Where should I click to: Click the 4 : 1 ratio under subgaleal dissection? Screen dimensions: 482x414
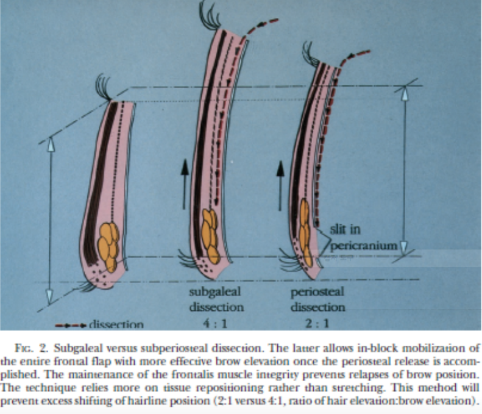[215, 323]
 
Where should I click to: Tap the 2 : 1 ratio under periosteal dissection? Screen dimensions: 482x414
[317, 323]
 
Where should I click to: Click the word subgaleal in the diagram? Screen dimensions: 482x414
[215, 292]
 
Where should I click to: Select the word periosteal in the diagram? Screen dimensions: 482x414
[317, 292]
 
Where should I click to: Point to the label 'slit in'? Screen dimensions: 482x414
[345, 229]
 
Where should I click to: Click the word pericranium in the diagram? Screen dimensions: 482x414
[364, 246]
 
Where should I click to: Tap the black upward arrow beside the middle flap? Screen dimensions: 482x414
[185, 185]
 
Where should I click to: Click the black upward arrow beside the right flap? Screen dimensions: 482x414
[280, 186]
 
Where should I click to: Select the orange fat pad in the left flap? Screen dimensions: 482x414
[108, 247]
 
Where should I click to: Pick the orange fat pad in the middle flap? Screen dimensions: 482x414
[210, 235]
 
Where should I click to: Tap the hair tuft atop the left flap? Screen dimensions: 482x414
[104, 87]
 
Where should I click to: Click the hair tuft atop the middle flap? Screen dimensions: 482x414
[210, 15]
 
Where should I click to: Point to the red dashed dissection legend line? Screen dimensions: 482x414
[71, 326]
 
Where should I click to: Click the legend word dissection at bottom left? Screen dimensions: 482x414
[116, 325]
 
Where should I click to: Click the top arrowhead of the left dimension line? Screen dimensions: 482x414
[51, 145]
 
